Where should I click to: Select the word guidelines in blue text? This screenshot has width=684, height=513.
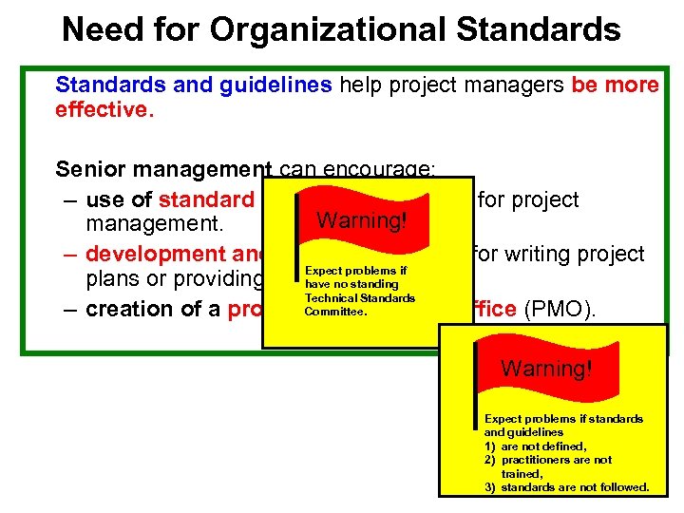coord(275,85)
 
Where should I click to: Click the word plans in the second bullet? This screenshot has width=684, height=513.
coord(109,281)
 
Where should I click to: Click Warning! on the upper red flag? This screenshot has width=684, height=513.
coord(361,220)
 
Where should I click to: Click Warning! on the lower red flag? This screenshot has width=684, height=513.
coord(546,368)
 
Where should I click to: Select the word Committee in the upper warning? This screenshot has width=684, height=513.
coord(335,310)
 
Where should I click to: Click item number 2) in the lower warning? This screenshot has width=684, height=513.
coord(490,459)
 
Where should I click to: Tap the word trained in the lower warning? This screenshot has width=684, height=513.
coord(521,473)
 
